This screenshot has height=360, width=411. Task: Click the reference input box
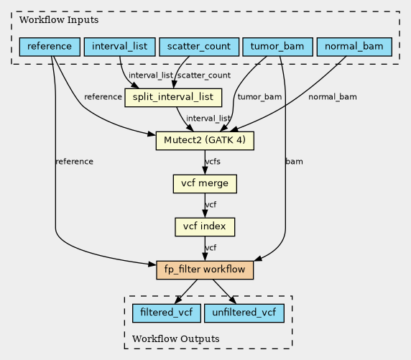click(50, 47)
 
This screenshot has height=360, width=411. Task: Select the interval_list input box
click(120, 47)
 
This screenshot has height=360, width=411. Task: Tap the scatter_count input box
click(199, 47)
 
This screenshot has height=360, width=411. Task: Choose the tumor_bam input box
click(277, 47)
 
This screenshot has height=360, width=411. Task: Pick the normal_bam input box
click(354, 47)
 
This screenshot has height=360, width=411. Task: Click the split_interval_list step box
click(173, 98)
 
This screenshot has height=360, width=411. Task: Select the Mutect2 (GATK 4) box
click(205, 141)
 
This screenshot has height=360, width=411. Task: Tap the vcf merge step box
click(205, 184)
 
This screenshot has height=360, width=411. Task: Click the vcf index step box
click(205, 227)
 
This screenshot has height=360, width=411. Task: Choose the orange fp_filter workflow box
click(205, 270)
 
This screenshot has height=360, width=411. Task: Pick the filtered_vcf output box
click(167, 313)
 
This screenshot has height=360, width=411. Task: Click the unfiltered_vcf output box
click(244, 313)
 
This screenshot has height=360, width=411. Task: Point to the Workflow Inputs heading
click(59, 20)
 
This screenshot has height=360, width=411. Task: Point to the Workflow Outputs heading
click(176, 338)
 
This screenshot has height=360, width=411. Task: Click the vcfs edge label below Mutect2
click(213, 162)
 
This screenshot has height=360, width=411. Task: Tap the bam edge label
click(295, 162)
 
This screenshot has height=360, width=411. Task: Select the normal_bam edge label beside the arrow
click(333, 97)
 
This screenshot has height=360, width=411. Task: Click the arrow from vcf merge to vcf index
click(205, 206)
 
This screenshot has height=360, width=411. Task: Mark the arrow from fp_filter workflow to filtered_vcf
click(185, 292)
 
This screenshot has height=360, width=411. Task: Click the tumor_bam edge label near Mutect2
click(260, 97)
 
